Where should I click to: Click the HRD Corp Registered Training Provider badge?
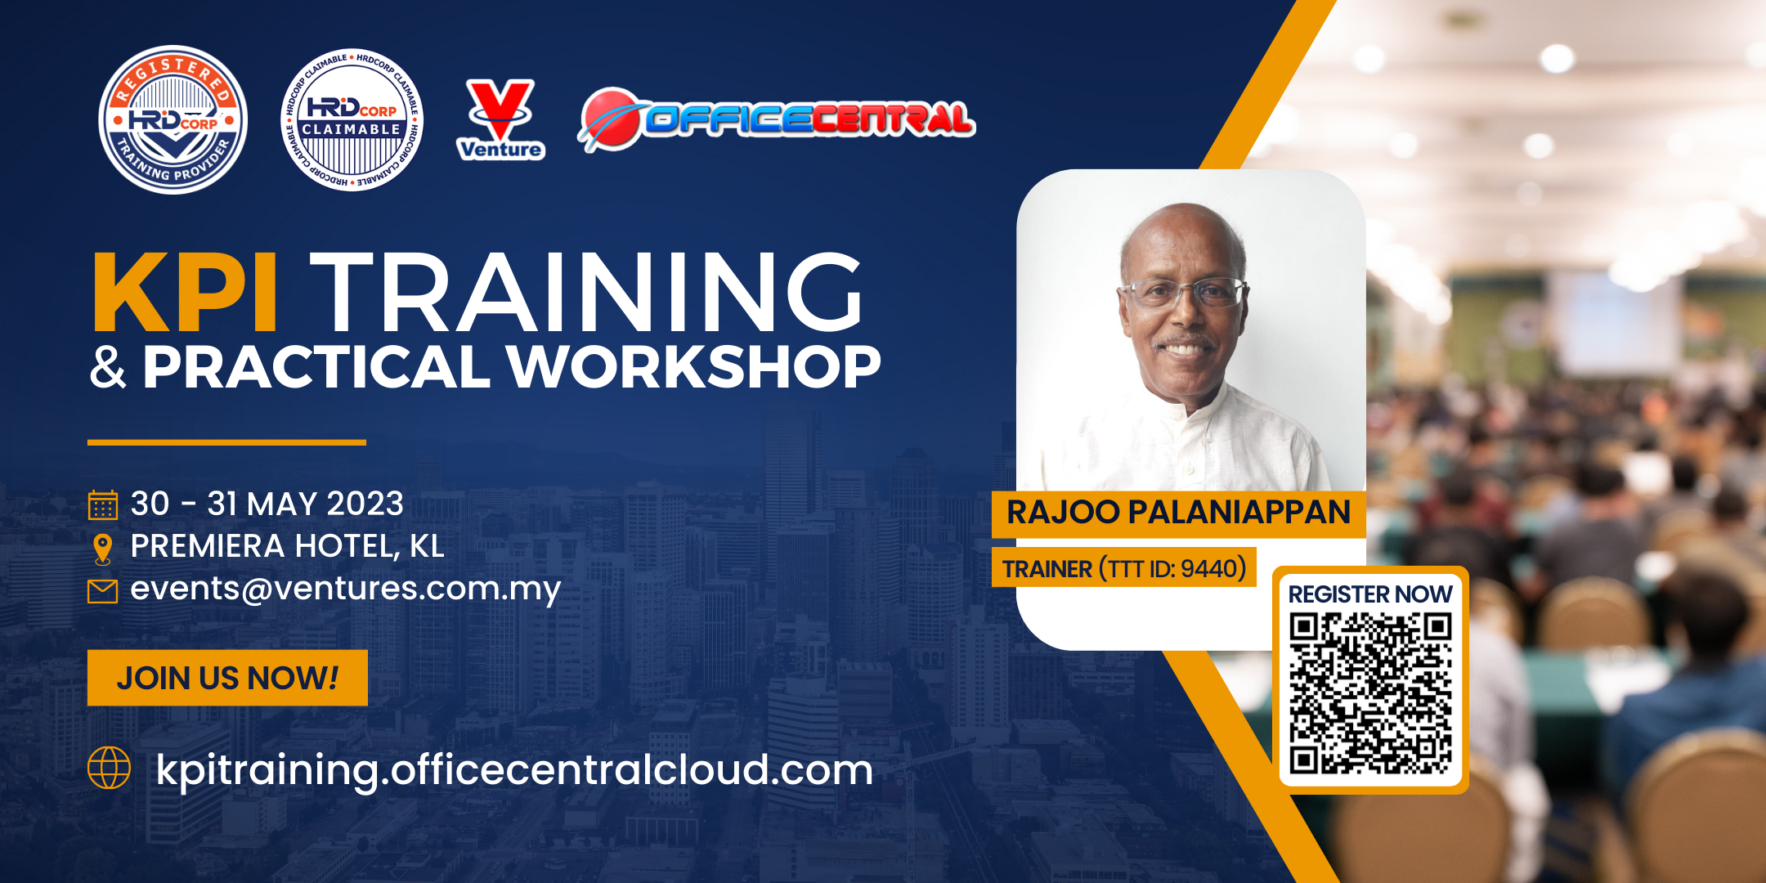173,119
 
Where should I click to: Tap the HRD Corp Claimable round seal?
352,119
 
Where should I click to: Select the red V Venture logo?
500,119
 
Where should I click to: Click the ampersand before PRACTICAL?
108,367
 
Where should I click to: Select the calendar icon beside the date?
103,504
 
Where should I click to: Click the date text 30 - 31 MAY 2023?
267,504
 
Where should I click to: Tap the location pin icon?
103,549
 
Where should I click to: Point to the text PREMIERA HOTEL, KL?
288,546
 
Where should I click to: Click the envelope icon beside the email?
103,590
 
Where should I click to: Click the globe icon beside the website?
109,768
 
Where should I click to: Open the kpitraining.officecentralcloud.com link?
515,770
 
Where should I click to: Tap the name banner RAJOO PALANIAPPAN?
1178,513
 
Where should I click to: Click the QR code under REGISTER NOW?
1370,693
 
